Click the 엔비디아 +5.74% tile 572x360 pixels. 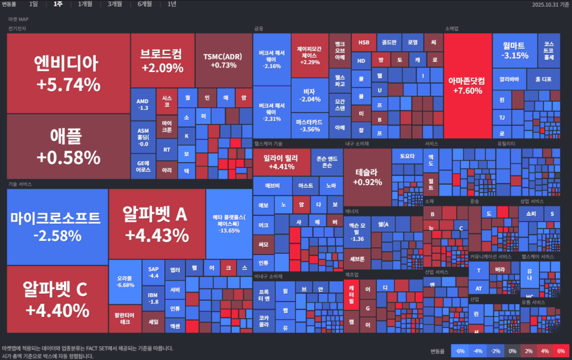tap(68, 73)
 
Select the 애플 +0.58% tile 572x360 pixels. tap(68, 146)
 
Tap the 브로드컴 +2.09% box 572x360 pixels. tap(163, 60)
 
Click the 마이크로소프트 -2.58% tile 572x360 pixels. tap(57, 226)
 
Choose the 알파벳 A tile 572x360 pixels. tap(157, 223)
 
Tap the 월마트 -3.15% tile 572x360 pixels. tap(514, 50)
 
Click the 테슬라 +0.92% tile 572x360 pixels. tap(367, 176)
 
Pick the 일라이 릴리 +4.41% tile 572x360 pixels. tap(281, 162)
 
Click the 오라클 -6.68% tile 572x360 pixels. tap(125, 281)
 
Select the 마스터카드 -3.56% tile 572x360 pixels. tap(308, 125)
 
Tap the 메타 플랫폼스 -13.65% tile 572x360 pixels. tap(229, 223)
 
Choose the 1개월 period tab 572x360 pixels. tap(85, 4)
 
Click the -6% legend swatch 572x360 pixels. tap(460, 351)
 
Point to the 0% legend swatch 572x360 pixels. tap(512, 351)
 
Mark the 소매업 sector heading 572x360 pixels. tap(451, 28)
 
